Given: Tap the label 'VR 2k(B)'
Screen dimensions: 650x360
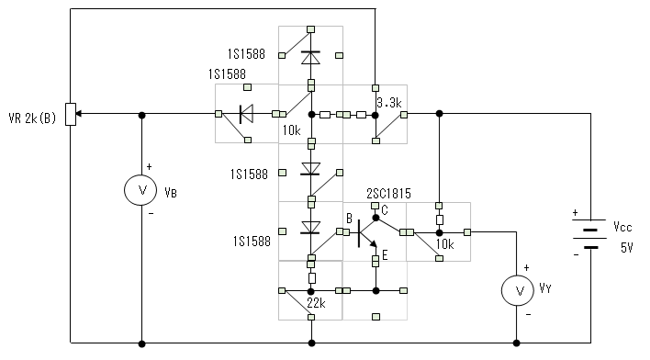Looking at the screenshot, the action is (32, 118).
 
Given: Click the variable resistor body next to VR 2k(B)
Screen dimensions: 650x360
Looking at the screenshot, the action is (72, 114).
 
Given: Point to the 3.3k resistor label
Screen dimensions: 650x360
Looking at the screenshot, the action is (389, 103).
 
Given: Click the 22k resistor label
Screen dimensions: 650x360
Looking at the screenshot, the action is (316, 304).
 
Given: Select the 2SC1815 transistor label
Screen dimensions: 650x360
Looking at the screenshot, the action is (388, 194).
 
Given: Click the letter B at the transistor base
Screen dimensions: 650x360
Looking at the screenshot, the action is (349, 219).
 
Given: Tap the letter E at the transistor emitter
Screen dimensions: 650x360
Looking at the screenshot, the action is (385, 255).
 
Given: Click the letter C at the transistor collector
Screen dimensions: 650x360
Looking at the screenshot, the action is (385, 210).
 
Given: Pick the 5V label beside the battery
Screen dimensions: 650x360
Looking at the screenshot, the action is (627, 248).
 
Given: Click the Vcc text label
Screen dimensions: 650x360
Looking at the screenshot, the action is (622, 227).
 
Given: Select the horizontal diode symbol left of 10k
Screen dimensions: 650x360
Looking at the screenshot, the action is (247, 114).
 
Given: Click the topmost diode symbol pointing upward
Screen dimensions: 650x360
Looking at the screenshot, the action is (310, 57).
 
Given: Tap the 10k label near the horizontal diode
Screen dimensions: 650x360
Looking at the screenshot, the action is (291, 130).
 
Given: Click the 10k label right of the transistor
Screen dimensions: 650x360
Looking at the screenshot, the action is (444, 244).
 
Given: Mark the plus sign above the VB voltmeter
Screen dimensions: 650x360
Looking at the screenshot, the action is (150, 167).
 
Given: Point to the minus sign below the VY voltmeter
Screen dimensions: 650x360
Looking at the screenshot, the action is (528, 315).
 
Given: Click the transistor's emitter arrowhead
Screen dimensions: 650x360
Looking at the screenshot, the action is (374, 244).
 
